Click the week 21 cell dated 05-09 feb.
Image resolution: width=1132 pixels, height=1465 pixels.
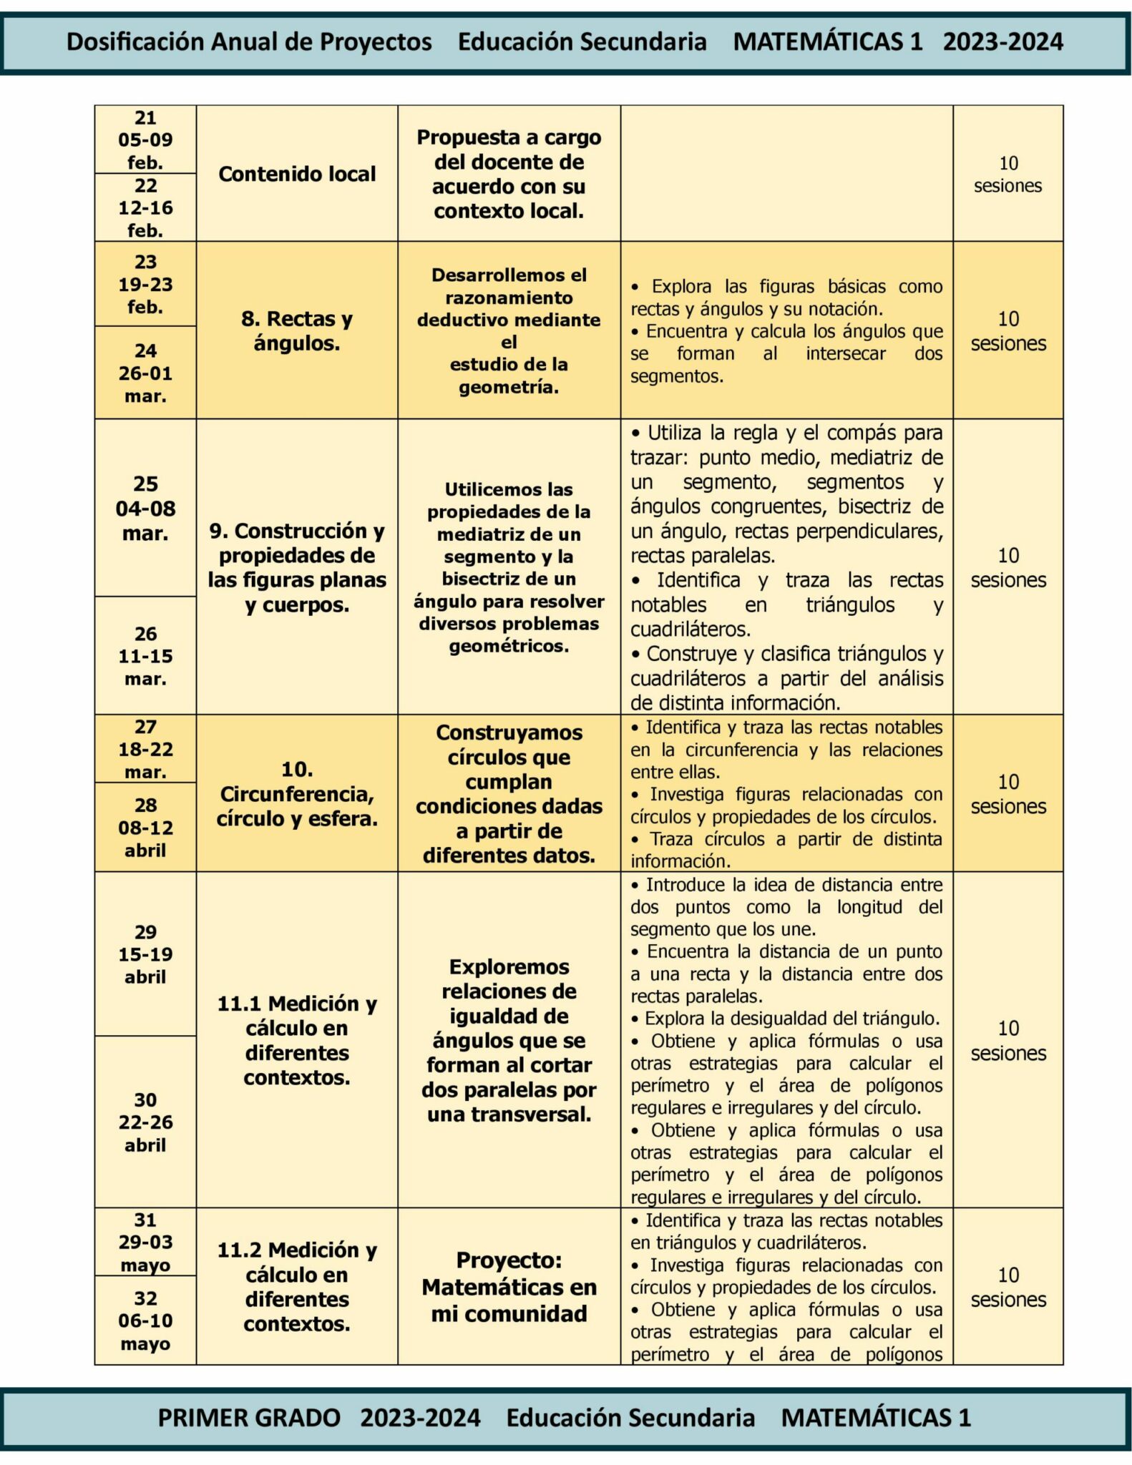[145, 139]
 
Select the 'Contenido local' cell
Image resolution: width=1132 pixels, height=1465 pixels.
[297, 174]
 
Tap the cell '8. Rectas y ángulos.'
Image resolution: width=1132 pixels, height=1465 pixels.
[297, 330]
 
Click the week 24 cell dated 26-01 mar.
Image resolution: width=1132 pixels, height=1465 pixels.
[145, 373]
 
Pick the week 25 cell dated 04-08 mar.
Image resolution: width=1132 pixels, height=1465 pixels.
[145, 509]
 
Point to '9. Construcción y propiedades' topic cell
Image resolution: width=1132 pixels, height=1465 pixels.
[297, 567]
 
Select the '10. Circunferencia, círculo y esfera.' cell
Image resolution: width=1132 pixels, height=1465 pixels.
[297, 794]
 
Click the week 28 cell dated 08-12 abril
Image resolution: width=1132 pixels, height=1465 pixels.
[145, 828]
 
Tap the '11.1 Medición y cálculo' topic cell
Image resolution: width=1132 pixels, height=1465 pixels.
[297, 1040]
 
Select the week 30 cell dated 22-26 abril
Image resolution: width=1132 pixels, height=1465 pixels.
[145, 1122]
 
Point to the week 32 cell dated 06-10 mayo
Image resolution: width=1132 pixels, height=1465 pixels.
[145, 1321]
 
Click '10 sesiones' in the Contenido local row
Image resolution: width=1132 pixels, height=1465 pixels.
[1007, 175]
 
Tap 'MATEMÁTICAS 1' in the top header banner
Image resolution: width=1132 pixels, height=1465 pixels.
[828, 42]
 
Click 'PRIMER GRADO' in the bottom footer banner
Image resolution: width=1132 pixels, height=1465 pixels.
[249, 1417]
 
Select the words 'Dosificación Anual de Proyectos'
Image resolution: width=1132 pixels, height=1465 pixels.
[249, 42]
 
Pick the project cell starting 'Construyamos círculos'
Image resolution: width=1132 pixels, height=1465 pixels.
[509, 794]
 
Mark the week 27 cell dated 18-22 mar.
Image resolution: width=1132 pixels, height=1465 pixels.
[145, 749]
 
